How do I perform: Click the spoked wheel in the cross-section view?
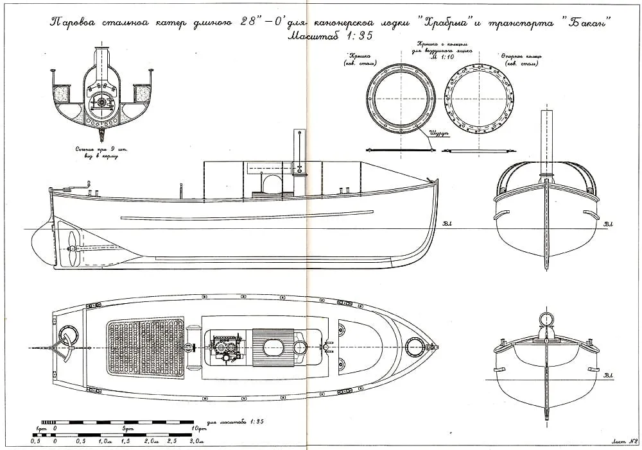(x=101, y=103)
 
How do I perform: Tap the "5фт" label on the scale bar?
(x=127, y=428)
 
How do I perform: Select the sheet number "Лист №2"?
(x=622, y=441)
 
